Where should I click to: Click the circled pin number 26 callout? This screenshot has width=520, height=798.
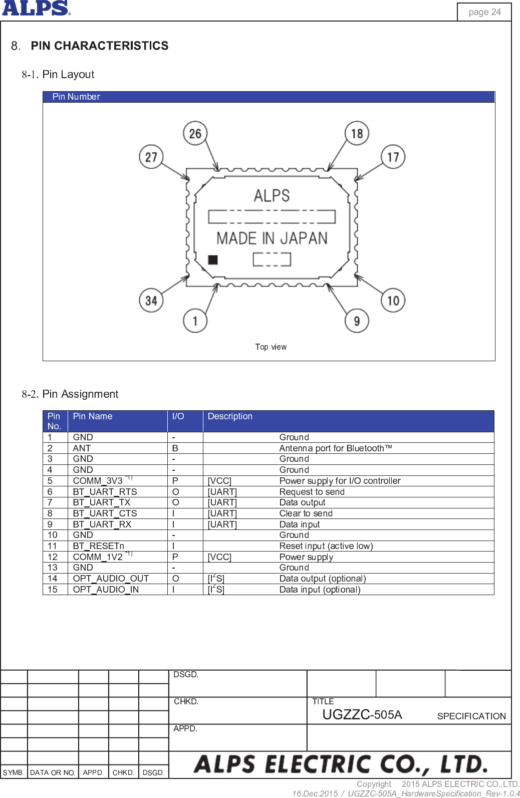tap(195, 133)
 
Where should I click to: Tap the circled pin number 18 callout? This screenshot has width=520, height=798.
tap(357, 133)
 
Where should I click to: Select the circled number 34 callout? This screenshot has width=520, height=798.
tap(151, 300)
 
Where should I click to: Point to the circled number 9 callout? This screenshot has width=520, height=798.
tap(357, 321)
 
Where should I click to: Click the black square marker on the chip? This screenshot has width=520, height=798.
tap(213, 259)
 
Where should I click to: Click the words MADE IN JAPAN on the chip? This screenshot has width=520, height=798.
tap(272, 238)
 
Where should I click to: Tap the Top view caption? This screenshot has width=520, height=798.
tap(271, 347)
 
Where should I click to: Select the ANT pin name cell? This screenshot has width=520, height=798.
tap(82, 448)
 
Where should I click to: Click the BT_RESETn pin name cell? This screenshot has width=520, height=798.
tap(99, 546)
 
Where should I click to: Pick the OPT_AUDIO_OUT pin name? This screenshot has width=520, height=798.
tap(111, 578)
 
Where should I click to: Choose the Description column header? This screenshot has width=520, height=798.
tap(230, 416)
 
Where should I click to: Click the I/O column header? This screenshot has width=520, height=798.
tap(178, 416)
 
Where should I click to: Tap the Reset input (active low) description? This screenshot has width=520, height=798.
tap(326, 546)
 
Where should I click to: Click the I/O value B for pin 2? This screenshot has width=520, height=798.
tap(175, 448)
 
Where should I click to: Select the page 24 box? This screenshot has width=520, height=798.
tap(484, 12)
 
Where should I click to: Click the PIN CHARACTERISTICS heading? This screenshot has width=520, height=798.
tap(99, 46)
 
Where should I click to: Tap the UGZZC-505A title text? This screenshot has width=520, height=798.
tap(362, 714)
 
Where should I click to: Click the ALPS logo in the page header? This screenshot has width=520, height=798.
tap(36, 8)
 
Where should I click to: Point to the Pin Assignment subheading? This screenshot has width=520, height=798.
tap(80, 394)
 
